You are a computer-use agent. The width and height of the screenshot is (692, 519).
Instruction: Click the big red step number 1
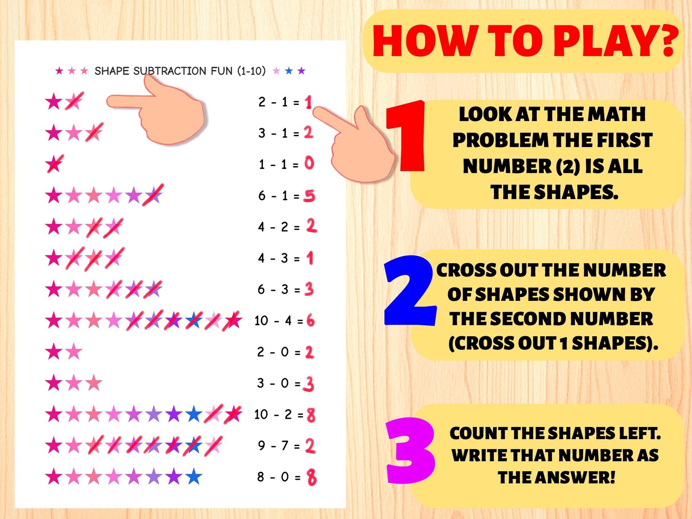pos(407,136)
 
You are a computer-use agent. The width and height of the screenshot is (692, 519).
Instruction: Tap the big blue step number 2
pos(409,291)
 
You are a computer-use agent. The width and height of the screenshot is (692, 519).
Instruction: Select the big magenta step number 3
pos(410,451)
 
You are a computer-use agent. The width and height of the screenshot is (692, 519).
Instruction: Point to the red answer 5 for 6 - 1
pos(309,196)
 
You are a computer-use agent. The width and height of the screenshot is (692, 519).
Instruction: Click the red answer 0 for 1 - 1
pos(309,163)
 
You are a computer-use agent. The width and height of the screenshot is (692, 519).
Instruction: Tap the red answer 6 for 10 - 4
pos(311,321)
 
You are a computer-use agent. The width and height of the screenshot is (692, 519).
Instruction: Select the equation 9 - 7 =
pos(279,446)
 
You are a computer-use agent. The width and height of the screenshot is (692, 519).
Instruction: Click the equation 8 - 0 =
pos(279,477)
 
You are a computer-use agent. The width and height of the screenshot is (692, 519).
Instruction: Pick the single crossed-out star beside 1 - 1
pos(54,164)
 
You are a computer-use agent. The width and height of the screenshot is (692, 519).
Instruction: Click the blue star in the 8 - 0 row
pos(194,477)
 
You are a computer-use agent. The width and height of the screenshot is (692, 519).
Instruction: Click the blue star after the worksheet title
pos(289,71)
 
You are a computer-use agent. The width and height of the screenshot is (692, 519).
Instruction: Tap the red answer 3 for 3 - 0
pos(308,384)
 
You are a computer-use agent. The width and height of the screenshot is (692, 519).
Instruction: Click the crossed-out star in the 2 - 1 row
pos(74,102)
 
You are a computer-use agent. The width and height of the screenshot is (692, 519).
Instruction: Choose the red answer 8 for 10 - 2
pos(311,415)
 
